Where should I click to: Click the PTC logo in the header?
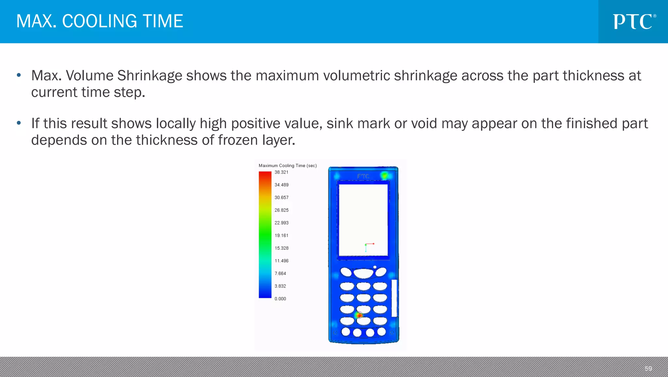634,22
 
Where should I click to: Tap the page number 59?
648,369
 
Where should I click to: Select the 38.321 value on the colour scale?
281,172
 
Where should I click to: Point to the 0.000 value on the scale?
280,299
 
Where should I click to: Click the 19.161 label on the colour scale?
281,235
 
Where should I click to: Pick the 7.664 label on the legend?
280,274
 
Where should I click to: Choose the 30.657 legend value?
281,197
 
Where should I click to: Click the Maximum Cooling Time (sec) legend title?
287,165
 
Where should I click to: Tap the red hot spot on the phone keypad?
358,315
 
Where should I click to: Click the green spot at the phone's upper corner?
385,176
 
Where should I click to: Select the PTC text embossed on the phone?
363,176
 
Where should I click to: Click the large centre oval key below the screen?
363,273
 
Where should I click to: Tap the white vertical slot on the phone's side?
394,298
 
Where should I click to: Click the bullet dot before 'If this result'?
19,123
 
